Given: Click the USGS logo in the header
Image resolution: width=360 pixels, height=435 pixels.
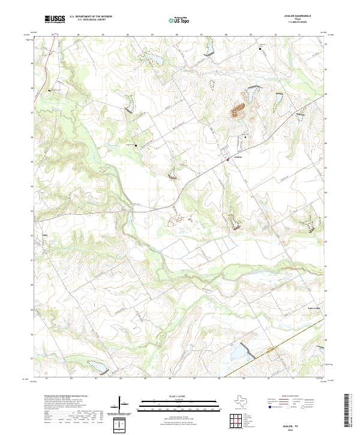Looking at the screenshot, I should pos(55,19).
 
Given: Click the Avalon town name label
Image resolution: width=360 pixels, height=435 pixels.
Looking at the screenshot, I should pos(237,157).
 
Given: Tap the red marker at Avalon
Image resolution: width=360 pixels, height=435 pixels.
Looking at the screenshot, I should pos(228,159).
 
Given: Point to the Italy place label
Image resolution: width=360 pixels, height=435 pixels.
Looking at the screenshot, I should pos(44,227).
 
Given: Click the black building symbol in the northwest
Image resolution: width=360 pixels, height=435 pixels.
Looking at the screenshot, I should pos(50,90).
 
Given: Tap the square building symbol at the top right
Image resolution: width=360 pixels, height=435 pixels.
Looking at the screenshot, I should pos(260,48).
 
